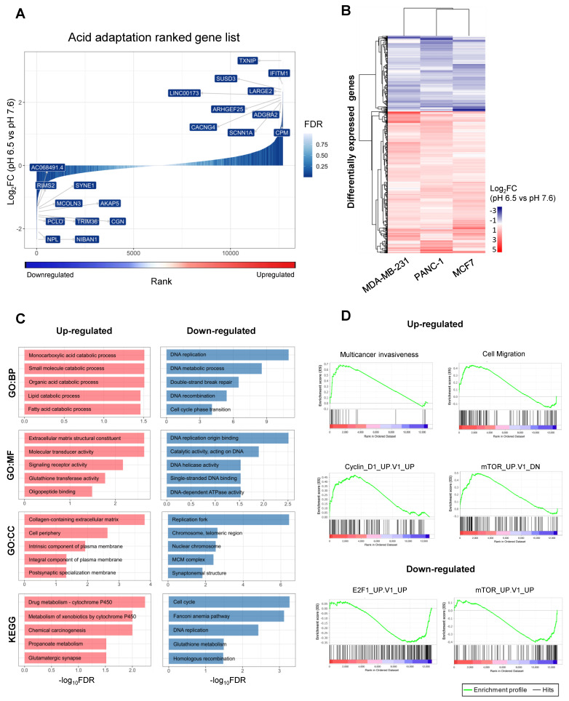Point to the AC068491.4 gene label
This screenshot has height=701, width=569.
47,168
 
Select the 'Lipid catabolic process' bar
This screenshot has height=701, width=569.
81,396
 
